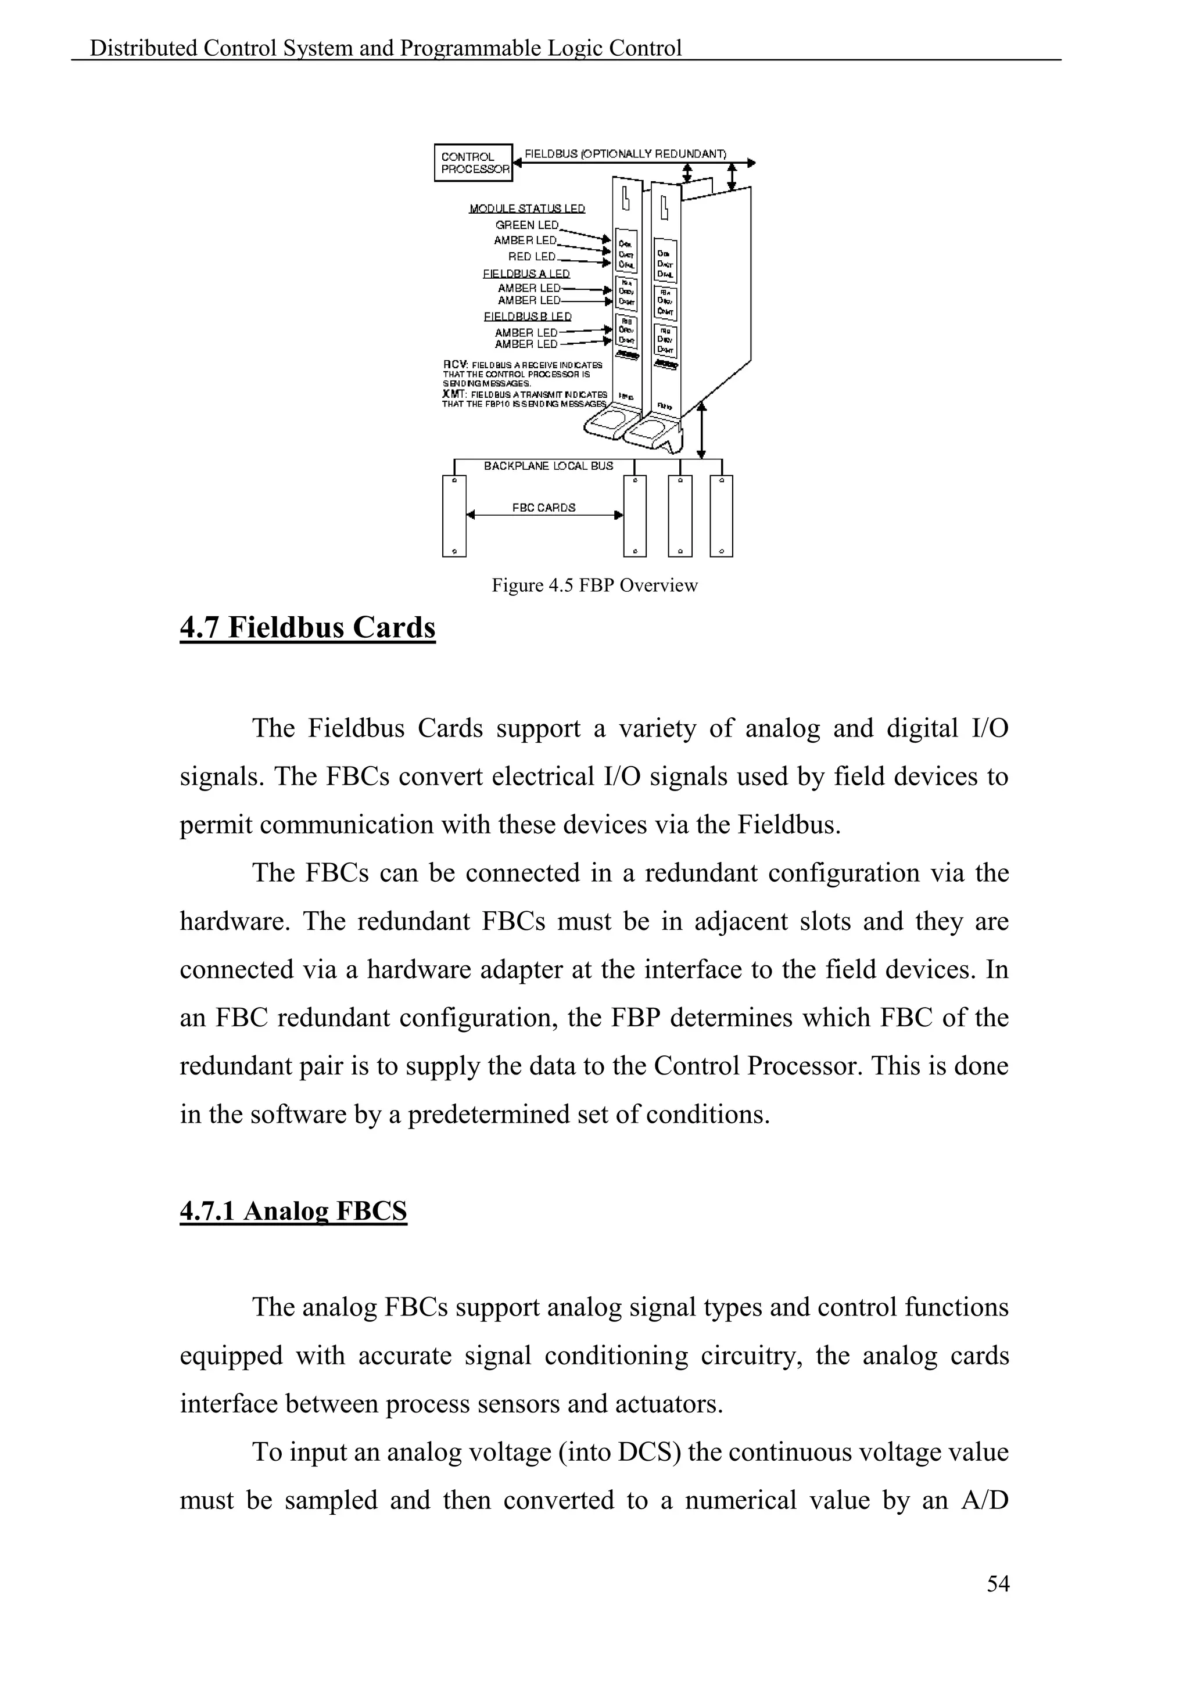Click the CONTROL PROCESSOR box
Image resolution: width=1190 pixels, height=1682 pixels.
click(474, 163)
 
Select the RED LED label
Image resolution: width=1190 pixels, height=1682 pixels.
click(532, 256)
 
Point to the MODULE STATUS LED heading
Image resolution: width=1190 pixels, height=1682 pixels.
click(527, 209)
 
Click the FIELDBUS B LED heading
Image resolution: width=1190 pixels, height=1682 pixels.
click(528, 317)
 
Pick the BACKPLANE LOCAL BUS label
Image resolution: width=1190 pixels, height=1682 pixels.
click(548, 466)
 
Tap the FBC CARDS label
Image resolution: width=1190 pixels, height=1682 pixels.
click(544, 507)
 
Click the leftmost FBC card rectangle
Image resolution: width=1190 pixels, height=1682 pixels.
click(454, 516)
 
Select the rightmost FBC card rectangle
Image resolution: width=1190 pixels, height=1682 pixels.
click(722, 516)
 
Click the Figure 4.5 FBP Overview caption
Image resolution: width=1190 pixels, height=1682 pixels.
click(594, 585)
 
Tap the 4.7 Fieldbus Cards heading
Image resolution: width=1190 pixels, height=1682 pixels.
click(308, 628)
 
